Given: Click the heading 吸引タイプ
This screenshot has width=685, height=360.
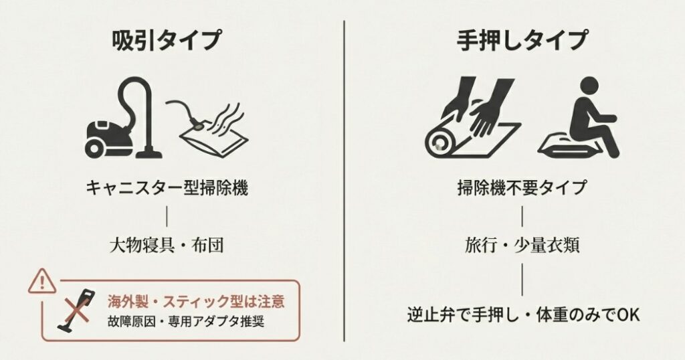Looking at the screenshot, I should point(166,40).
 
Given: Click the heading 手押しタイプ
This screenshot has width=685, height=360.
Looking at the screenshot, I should point(522,40).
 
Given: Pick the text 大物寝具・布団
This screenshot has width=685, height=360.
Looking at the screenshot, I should point(166,245).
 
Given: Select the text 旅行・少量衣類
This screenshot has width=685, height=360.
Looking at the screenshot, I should point(522,245).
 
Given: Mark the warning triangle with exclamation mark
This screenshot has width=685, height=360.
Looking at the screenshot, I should point(41,282).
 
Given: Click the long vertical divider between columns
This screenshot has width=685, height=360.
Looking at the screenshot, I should point(344,181).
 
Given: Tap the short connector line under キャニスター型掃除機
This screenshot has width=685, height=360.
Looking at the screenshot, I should point(166,216).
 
